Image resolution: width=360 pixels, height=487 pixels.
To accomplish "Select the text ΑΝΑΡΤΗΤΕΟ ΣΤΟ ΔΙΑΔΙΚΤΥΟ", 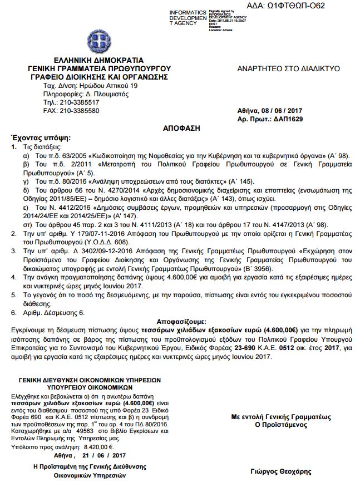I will [x=288, y=69].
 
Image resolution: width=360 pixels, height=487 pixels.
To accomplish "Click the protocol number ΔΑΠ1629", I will [x=294, y=119].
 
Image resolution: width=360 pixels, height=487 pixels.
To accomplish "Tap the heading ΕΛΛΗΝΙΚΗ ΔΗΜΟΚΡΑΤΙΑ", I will [x=98, y=60].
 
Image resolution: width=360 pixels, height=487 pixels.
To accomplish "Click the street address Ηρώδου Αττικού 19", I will [x=104, y=87].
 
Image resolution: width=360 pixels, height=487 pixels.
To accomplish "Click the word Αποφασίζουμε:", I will [x=181, y=322].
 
